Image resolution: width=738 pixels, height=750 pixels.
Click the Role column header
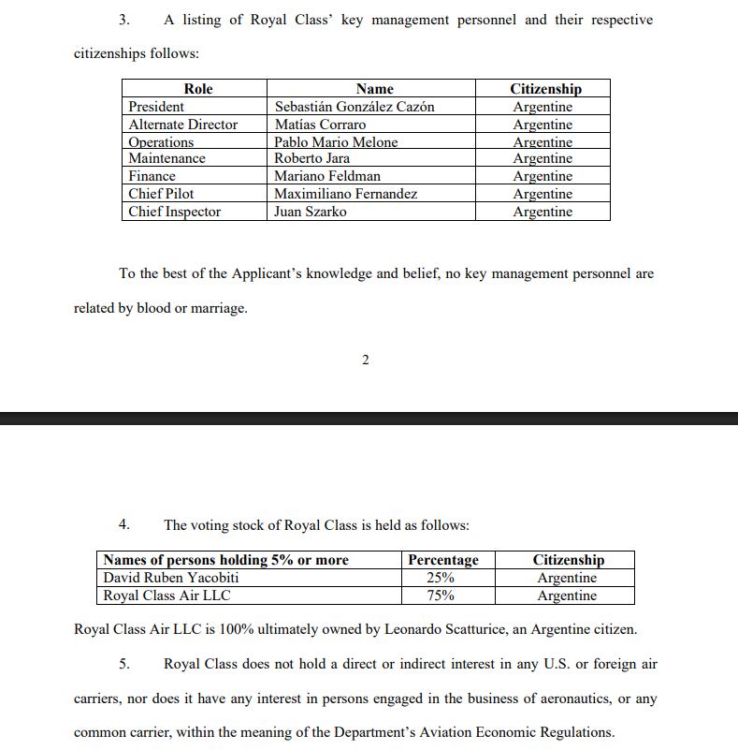pyautogui.click(x=197, y=89)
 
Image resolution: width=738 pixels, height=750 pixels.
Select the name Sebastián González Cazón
pyautogui.click(x=354, y=107)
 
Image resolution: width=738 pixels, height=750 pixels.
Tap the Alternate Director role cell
pyautogui.click(x=182, y=125)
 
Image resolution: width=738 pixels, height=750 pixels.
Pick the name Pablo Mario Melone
pyautogui.click(x=336, y=142)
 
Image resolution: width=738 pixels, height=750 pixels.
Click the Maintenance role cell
pyautogui.click(x=166, y=158)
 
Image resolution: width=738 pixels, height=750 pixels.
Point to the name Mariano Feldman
pyautogui.click(x=326, y=176)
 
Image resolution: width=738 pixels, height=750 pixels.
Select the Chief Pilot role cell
pyautogui.click(x=161, y=194)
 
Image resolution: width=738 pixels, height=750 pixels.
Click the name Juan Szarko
pyautogui.click(x=310, y=212)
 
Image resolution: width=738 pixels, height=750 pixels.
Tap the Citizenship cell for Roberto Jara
pyautogui.click(x=543, y=158)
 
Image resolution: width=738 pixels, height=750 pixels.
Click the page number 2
pyautogui.click(x=365, y=360)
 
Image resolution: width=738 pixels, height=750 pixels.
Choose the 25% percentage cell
pyautogui.click(x=441, y=578)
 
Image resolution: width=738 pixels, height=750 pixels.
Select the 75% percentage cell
pyautogui.click(x=441, y=596)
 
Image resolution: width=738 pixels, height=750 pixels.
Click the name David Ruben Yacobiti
pyautogui.click(x=171, y=578)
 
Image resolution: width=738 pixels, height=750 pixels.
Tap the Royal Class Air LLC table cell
pyautogui.click(x=166, y=596)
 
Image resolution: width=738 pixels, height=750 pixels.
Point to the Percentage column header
pyautogui.click(x=443, y=560)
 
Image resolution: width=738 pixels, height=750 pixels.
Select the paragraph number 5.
pyautogui.click(x=123, y=664)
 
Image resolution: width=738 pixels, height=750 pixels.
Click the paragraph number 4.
pyautogui.click(x=123, y=525)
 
